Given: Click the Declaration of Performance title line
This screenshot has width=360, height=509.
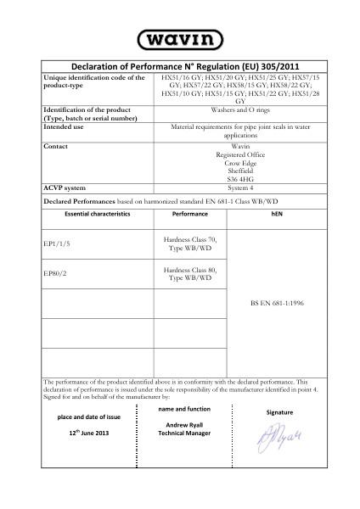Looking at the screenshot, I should pyautogui.click(x=180, y=65).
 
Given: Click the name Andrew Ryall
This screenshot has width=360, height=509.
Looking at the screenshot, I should pyautogui.click(x=184, y=423).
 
